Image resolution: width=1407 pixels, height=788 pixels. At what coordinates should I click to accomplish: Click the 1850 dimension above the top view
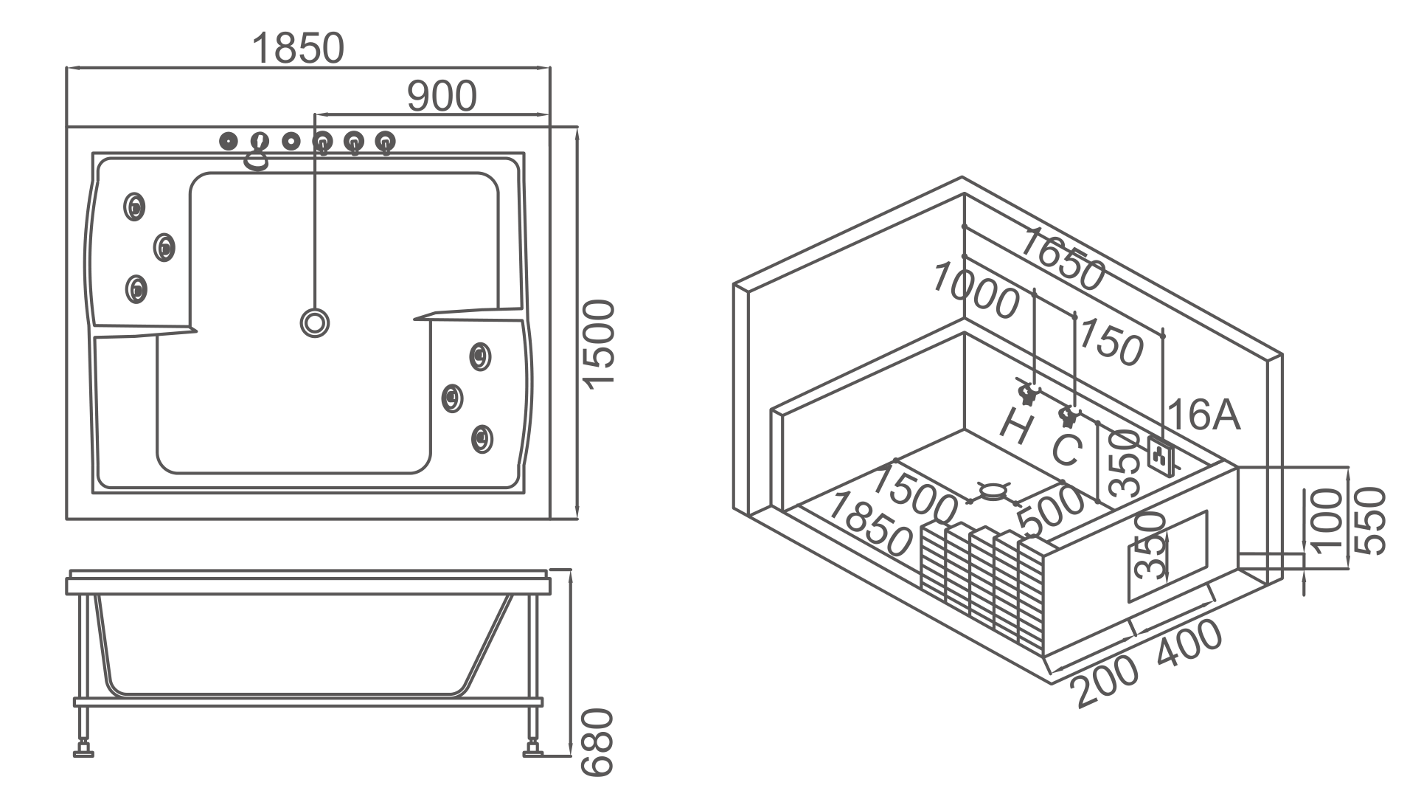tap(298, 49)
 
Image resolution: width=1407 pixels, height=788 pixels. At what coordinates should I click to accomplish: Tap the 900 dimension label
tap(442, 97)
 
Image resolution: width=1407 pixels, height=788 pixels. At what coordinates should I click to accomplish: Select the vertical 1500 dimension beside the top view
tap(598, 343)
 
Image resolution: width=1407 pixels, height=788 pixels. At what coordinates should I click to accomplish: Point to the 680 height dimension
tap(597, 742)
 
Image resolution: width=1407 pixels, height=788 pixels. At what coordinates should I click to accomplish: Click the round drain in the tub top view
tap(315, 322)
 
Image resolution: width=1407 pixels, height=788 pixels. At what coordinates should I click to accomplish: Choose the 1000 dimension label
tap(976, 291)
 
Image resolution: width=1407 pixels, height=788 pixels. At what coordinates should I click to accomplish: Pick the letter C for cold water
tap(1066, 449)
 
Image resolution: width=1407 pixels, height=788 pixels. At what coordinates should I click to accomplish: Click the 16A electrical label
tap(1204, 415)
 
